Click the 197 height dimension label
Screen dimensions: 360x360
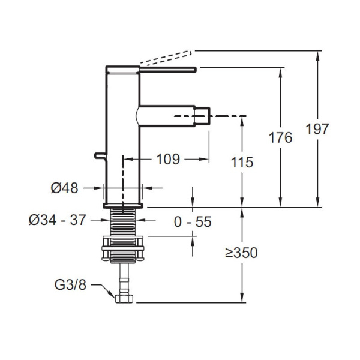pyautogui.click(x=317, y=129)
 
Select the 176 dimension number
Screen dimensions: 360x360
pyautogui.click(x=280, y=137)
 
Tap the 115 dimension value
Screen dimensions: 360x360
pyautogui.click(x=242, y=163)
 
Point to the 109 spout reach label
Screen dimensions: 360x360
pyautogui.click(x=168, y=159)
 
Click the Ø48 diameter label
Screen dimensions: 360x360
pyautogui.click(x=65, y=188)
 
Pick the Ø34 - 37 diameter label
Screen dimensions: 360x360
pyautogui.click(x=58, y=220)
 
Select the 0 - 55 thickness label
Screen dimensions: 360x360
pyautogui.click(x=193, y=222)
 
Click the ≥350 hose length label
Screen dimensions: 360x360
pyautogui.click(x=241, y=253)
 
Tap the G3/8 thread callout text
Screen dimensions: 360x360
pyautogui.click(x=70, y=284)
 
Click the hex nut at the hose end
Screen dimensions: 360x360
pyautogui.click(x=124, y=299)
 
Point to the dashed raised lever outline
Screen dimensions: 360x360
pyautogui.click(x=166, y=57)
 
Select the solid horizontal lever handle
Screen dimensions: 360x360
pyautogui.click(x=168, y=70)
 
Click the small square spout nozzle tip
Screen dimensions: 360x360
pyautogui.click(x=202, y=116)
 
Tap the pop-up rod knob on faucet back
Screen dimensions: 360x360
pyautogui.click(x=100, y=155)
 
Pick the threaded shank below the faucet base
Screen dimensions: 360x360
pyautogui.click(x=123, y=221)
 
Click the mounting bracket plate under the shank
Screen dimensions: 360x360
pyautogui.click(x=123, y=248)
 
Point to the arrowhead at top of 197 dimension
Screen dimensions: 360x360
pyautogui.click(x=317, y=56)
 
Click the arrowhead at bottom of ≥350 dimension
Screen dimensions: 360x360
pyautogui.click(x=242, y=298)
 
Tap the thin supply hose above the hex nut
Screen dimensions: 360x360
pyautogui.click(x=124, y=279)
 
